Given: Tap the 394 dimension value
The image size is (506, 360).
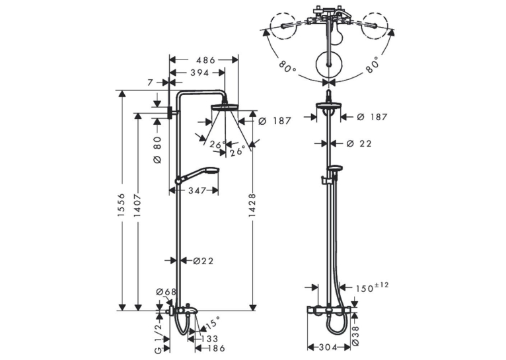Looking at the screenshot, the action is pyautogui.click(x=199, y=73).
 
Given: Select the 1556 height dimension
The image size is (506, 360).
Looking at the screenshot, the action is pyautogui.click(x=121, y=205).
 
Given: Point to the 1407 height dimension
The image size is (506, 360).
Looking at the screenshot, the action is pyautogui.click(x=137, y=205).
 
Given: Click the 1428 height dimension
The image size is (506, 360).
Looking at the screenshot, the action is pyautogui.click(x=252, y=205).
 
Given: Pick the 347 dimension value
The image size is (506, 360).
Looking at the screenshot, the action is pyautogui.click(x=197, y=191).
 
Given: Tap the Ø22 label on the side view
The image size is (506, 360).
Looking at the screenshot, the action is pyautogui.click(x=203, y=261).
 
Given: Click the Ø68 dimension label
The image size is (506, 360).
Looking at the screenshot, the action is pyautogui.click(x=166, y=292).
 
